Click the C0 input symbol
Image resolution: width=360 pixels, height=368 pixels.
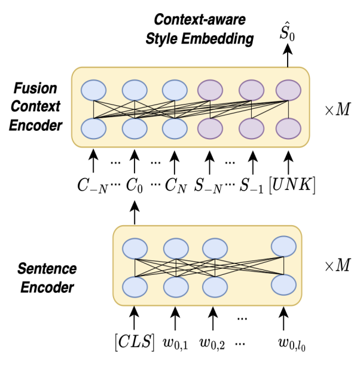point(135,185)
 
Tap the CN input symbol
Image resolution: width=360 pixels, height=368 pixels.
point(173,185)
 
